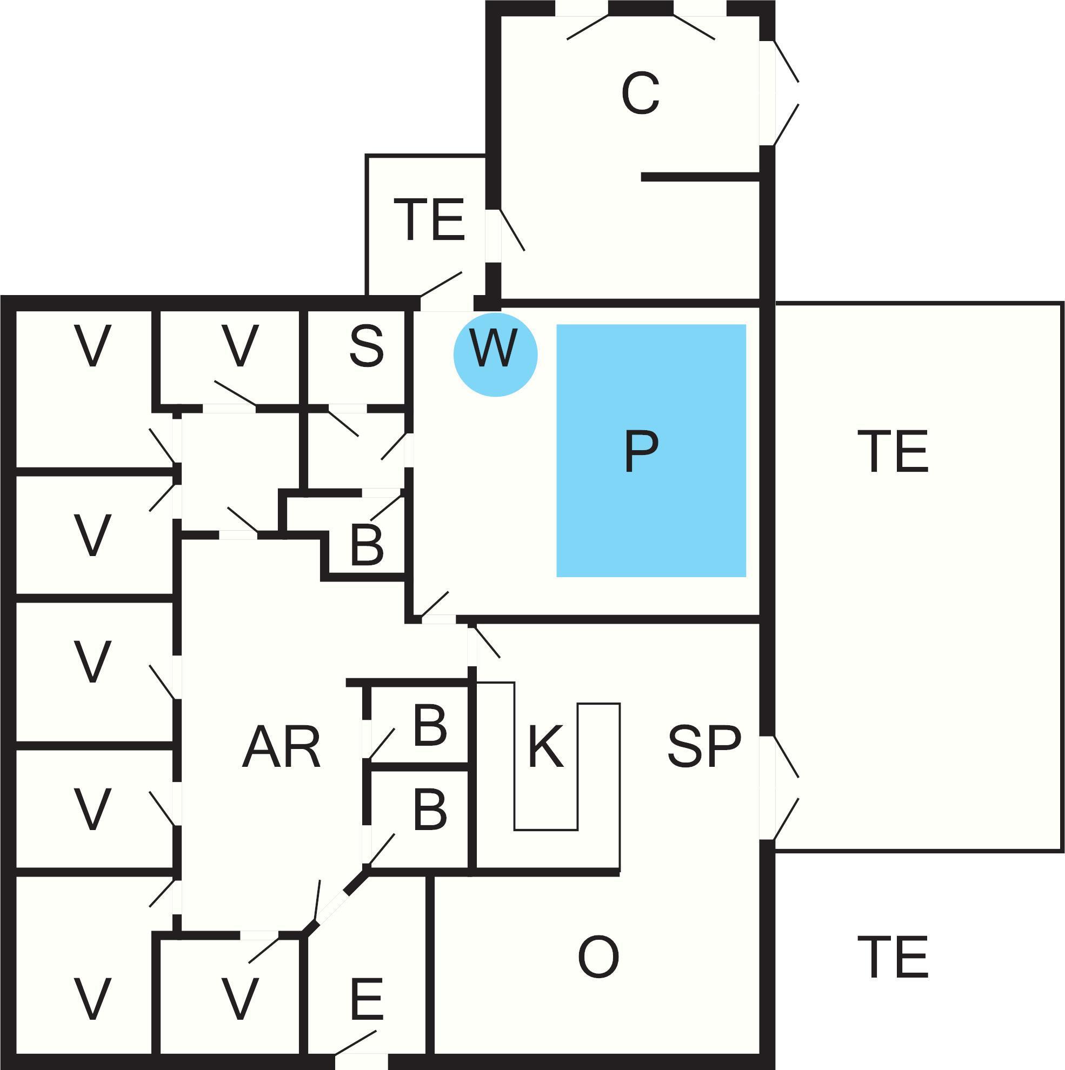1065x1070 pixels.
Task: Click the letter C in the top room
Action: (641, 94)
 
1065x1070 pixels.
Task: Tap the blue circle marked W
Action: (495, 355)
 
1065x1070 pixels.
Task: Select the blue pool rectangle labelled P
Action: (651, 450)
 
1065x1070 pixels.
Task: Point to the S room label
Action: (367, 347)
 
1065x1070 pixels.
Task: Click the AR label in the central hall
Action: (281, 747)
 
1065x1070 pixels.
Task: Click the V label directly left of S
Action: (240, 346)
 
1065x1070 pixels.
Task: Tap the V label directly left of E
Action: (240, 1014)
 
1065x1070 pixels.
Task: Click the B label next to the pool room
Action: (367, 545)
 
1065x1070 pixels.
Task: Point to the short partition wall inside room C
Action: (701, 177)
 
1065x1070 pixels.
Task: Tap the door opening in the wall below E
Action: (361, 1062)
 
